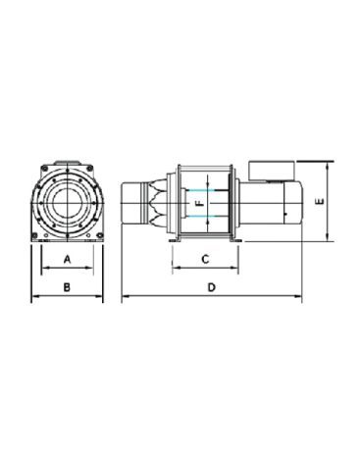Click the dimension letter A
[x=67, y=260]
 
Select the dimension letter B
[x=67, y=287]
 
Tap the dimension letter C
[x=205, y=260]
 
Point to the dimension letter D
[x=212, y=287]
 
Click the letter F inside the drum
[x=200, y=204]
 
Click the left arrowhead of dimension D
[x=126, y=296]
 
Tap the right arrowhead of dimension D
[x=298, y=296]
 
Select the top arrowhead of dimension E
[x=328, y=166]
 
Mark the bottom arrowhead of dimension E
[x=328, y=237]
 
